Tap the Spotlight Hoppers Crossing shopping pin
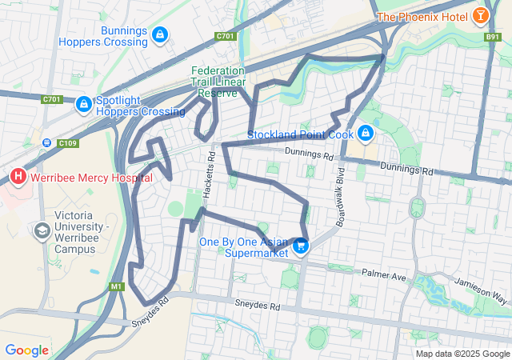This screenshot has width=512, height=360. (x=83, y=105)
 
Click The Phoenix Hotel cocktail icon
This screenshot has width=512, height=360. (x=480, y=16)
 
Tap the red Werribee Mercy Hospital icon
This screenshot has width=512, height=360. (x=18, y=175)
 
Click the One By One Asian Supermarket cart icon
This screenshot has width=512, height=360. (x=301, y=246)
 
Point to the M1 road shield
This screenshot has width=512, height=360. (x=118, y=286)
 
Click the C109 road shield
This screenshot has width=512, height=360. (x=67, y=143)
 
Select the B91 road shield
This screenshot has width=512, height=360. (x=492, y=36)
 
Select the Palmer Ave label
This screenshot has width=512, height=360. (x=385, y=277)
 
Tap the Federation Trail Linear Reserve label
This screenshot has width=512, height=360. (x=218, y=82)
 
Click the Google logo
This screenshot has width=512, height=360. (x=27, y=350)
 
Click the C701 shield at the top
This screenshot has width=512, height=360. (x=225, y=36)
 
